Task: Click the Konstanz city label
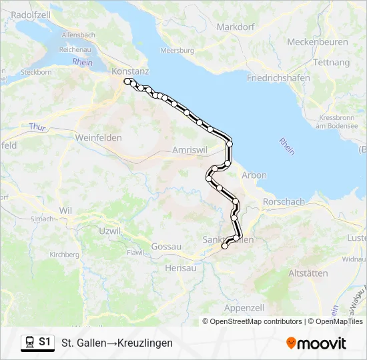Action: tap(131, 71)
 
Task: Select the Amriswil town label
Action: tap(190, 150)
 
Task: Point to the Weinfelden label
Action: tap(101, 137)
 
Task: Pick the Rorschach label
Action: tap(284, 202)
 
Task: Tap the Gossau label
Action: tap(167, 247)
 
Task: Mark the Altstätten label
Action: tap(308, 273)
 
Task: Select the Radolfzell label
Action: tap(32, 14)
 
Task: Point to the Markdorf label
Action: tap(234, 27)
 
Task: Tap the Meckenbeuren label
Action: tap(318, 42)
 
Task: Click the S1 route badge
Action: tap(38, 342)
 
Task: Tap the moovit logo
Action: tap(316, 343)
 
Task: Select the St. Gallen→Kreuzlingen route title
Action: tap(117, 343)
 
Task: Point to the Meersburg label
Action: tap(177, 51)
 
